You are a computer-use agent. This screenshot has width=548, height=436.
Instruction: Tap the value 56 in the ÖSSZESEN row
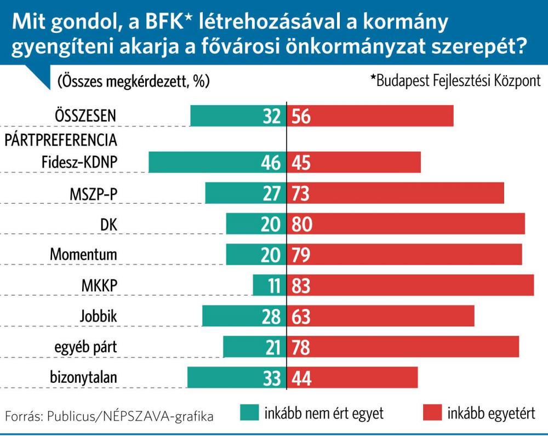[x=301, y=116]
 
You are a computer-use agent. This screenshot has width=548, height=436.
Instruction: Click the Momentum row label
[x=84, y=255]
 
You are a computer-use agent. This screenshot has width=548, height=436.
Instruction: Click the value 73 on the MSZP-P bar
[x=301, y=193]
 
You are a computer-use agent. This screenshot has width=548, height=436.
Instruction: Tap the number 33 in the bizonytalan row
[x=271, y=378]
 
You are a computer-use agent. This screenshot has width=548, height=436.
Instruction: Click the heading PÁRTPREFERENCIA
[x=61, y=139]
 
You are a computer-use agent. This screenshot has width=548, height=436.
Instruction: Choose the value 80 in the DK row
[x=301, y=224]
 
